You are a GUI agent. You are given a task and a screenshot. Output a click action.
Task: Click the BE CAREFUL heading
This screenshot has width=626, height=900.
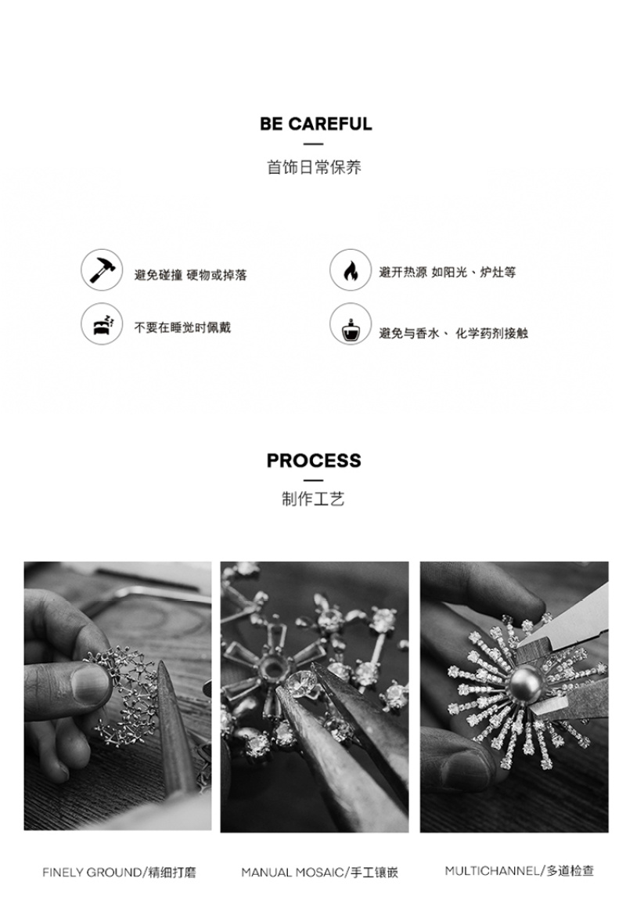316,124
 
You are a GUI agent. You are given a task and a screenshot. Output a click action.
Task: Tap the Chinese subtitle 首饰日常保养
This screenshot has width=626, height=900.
314,167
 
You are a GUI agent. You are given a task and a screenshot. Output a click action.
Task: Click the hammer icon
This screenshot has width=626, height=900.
102,269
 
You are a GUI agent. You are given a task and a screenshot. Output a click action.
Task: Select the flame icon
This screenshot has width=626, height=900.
351,269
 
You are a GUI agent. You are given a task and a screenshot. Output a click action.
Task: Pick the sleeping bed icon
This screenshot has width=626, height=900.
102,323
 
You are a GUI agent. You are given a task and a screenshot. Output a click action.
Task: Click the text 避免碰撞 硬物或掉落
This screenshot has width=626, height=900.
190,275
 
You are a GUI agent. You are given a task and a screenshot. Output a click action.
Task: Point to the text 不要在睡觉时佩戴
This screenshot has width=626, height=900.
182,327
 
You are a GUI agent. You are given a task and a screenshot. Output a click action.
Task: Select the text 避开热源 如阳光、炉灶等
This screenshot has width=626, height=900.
447,272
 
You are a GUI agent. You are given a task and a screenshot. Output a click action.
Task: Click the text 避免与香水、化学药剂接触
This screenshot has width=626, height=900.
453,333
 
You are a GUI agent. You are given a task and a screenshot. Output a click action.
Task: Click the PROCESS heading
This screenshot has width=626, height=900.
314,461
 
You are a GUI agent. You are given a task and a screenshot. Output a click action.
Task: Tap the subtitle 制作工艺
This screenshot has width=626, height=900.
313,499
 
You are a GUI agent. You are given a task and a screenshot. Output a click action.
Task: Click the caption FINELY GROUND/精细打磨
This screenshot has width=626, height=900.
119,873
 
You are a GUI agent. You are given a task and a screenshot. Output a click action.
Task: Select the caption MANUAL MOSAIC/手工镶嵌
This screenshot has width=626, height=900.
319,873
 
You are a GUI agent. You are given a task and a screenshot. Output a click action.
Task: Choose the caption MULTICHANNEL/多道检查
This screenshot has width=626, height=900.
520,871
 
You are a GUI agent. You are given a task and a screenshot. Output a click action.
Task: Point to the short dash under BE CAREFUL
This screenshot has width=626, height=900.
313,144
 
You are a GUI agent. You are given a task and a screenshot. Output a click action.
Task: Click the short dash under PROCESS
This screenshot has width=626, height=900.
313,480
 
